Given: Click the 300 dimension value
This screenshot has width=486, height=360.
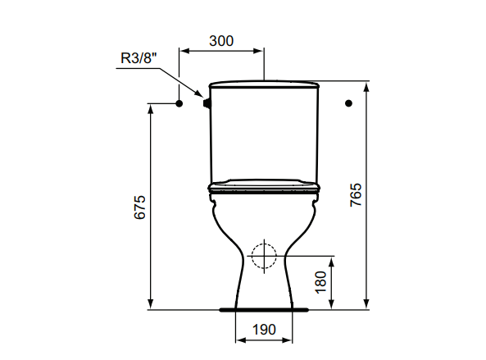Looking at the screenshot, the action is tap(221, 41).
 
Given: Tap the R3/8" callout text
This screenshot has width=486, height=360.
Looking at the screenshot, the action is tap(139, 58).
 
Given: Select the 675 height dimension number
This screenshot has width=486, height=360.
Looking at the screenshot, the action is tap(140, 207).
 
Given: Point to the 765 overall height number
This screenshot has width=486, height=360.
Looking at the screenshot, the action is tap(356, 194).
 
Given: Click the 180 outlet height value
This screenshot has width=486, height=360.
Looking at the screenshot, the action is tap(320, 282).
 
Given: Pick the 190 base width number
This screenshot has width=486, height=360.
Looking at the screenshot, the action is tap(264, 330).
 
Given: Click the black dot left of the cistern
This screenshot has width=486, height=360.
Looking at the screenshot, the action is tap(179, 103).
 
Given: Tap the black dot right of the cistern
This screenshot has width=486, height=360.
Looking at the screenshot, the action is tap(348, 103).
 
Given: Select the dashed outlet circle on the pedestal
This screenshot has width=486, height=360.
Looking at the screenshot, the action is tap(264, 244).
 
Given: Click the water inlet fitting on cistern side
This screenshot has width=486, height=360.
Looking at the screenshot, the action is tap(207, 103).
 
